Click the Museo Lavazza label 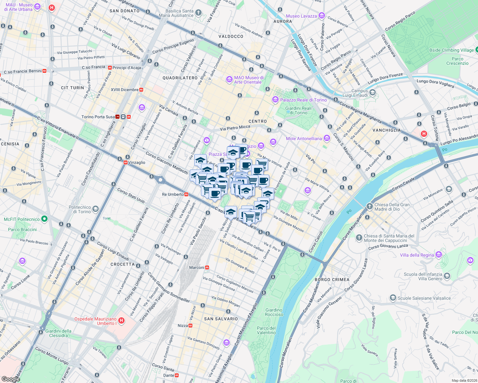301,16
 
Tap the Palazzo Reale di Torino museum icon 275,100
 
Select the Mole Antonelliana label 304,139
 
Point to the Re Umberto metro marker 186,194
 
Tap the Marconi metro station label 197,267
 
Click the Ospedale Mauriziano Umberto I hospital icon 121,320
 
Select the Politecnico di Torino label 80,209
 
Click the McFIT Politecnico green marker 44,219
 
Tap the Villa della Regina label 417,255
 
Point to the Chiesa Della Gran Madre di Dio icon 369,206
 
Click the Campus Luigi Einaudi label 355,93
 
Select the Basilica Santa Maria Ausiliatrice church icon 198,13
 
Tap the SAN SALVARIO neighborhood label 221,319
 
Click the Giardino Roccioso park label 274,312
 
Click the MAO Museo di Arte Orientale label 249,80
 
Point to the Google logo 11,379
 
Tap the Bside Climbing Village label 451,50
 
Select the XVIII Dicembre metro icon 141,90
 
